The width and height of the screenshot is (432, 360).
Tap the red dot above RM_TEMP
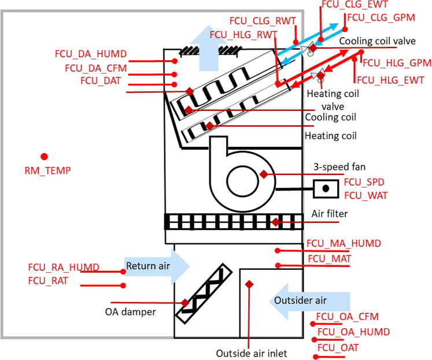[43, 156]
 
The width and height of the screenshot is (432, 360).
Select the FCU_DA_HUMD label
[88, 55]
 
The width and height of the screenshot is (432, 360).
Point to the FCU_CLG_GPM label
[381, 18]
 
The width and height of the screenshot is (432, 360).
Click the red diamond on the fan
[264, 174]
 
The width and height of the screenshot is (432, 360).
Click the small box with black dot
[326, 188]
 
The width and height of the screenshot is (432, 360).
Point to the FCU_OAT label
[338, 347]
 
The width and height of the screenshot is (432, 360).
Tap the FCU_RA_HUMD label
[63, 268]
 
